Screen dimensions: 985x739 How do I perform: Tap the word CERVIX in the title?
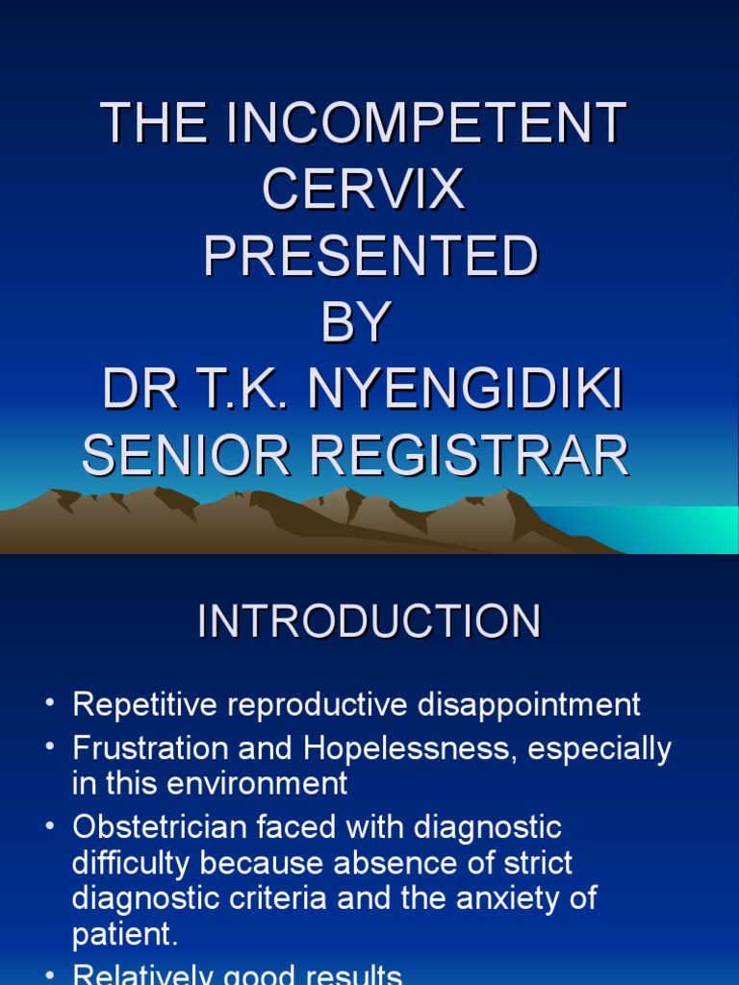click(x=364, y=190)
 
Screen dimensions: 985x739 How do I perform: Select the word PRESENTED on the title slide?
click(x=370, y=257)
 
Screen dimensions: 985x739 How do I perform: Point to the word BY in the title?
click(x=356, y=324)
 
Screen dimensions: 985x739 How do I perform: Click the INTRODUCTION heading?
click(x=369, y=621)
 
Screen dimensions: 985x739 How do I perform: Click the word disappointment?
click(x=529, y=705)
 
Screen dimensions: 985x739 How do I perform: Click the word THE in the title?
click(x=152, y=124)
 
